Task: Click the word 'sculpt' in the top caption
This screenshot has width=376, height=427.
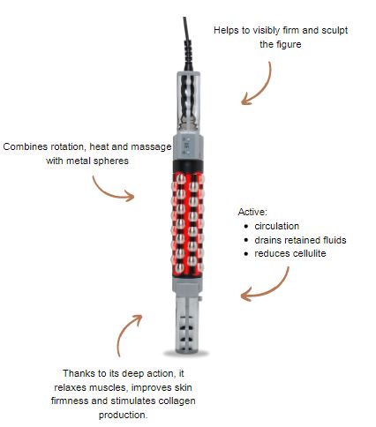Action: coord(335,31)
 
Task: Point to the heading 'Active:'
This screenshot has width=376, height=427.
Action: coord(252,212)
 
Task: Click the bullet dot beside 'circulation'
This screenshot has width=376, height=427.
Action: coord(246,227)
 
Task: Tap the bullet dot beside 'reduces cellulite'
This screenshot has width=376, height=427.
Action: coord(246,254)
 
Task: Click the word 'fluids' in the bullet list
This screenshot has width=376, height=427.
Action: coord(334,240)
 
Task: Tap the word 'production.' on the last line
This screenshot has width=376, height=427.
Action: coord(123,416)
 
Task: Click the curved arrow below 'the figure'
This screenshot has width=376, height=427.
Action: coord(264,88)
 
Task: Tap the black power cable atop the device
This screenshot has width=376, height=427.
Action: coord(187,44)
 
